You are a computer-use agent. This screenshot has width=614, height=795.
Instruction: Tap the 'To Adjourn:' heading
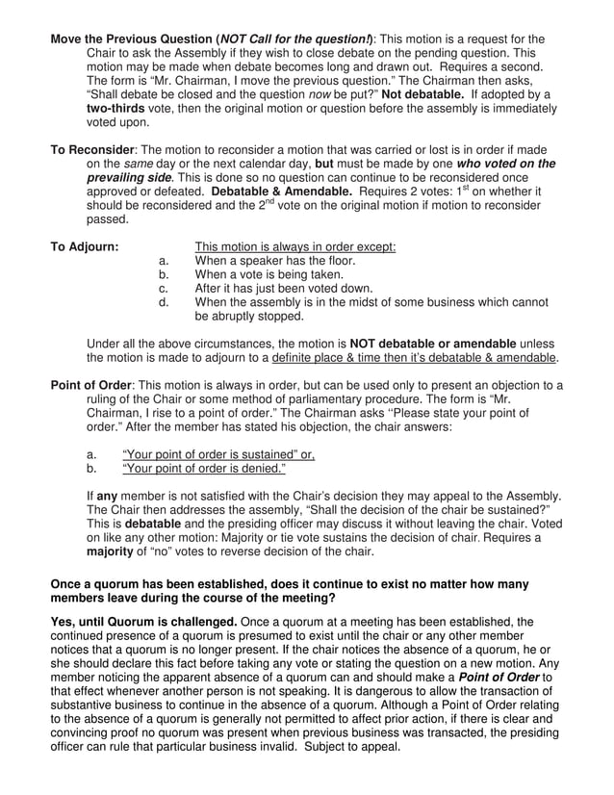click(85, 246)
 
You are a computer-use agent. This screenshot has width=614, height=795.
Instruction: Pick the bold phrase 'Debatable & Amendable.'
click(271, 192)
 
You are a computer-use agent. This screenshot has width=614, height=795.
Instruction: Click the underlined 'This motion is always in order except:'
click(295, 246)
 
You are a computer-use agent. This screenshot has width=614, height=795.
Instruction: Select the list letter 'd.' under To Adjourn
click(164, 301)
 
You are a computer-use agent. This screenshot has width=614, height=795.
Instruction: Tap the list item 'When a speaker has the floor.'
click(275, 260)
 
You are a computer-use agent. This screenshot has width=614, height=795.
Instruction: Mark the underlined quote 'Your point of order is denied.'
click(204, 469)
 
